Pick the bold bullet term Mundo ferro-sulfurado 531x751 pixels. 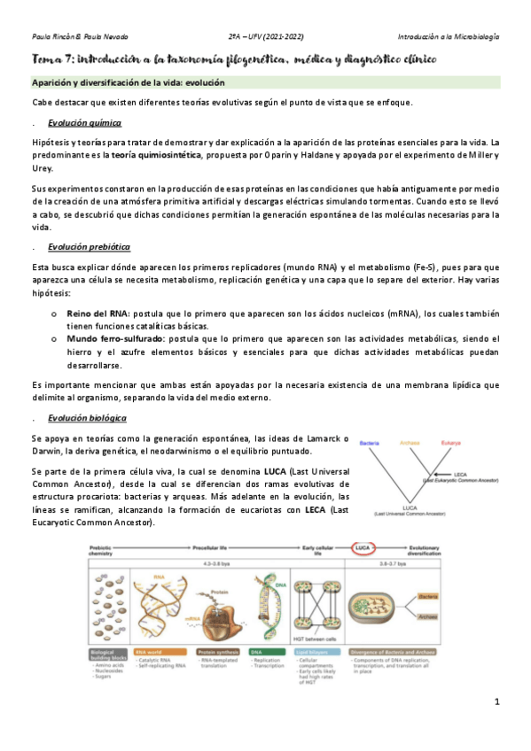click(x=113, y=339)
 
